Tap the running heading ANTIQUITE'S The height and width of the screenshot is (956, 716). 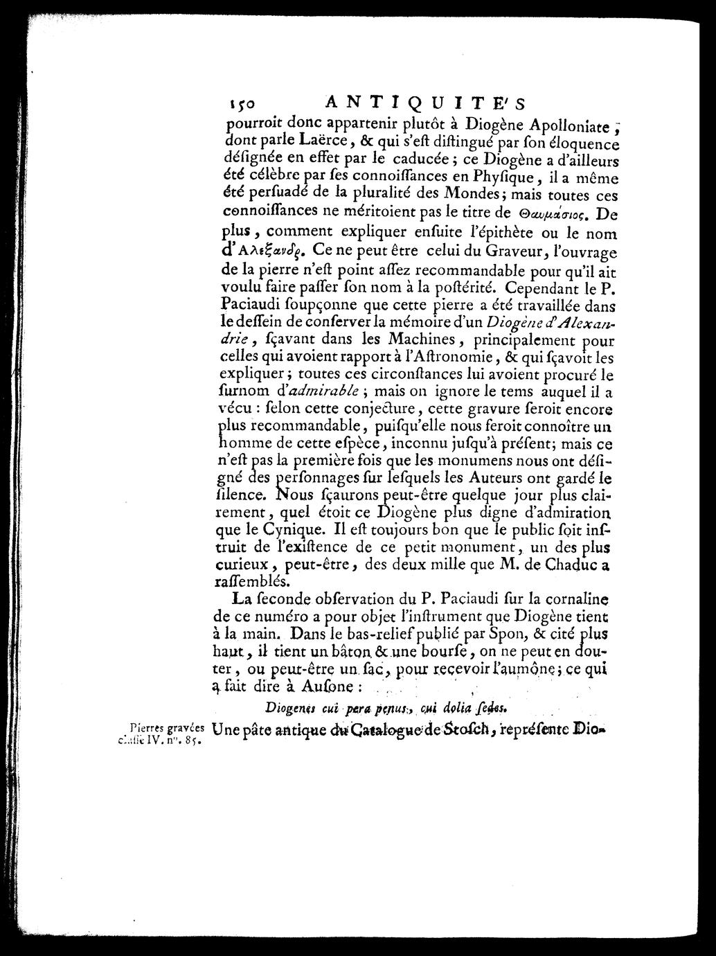(x=425, y=103)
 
